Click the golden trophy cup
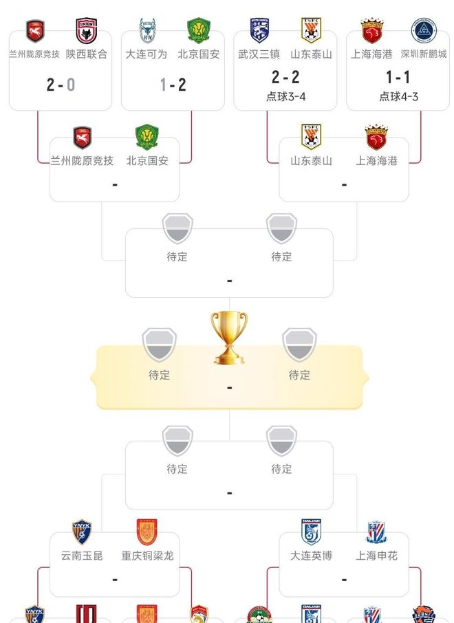[x=229, y=338]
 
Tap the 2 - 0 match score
[x=61, y=85]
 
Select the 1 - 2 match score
[x=173, y=85]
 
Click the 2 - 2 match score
[x=285, y=77]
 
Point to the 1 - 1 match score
[x=398, y=77]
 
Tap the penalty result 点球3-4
[x=286, y=96]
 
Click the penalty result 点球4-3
[x=398, y=96]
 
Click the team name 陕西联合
[x=87, y=54]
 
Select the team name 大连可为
[x=147, y=54]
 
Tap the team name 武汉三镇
[x=259, y=54]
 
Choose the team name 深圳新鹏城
[x=424, y=54]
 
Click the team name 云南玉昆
[x=82, y=556]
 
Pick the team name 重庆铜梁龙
[x=147, y=556]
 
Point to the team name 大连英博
[x=311, y=556]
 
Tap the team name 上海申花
[x=376, y=556]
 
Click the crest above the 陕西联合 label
[x=87, y=30]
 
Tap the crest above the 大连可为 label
[x=147, y=30]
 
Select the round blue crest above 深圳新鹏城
[x=424, y=30]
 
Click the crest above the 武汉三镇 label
[x=259, y=30]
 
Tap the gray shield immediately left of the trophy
[x=160, y=344]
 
